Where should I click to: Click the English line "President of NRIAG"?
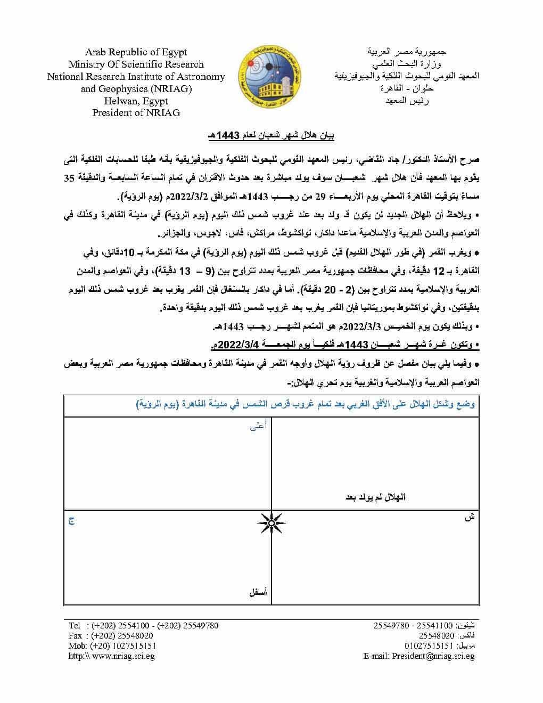[136, 112]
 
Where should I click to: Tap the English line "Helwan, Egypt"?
[136, 101]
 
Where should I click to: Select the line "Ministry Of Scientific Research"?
[136, 64]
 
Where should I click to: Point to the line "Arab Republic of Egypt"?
[136, 52]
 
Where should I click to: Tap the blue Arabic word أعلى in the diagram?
[258, 426]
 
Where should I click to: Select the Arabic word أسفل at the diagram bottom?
[258, 592]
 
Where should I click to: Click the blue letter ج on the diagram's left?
[70, 520]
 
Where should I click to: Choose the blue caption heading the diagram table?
[305, 404]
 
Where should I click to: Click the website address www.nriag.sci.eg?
[123, 656]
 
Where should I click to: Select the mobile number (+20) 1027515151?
[124, 645]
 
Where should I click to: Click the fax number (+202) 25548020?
[122, 635]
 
